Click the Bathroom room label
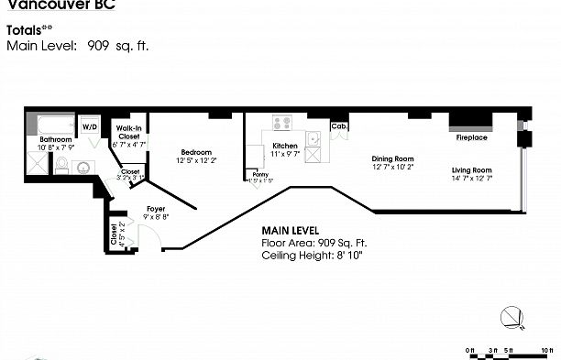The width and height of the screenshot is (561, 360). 54,140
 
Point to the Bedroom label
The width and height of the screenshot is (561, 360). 196,152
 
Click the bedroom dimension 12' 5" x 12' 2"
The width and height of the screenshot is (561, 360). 196,160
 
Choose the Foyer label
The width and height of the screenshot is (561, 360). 156,209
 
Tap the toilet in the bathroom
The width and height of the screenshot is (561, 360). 62,165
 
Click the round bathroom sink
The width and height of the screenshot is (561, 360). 82,168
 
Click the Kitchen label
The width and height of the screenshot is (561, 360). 285,147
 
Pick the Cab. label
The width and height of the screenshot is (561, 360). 338,126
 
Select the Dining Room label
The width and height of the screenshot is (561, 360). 393,158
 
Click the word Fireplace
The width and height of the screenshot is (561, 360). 472,137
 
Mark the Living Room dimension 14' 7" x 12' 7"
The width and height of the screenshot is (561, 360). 471,179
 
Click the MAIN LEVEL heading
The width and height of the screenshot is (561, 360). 292,230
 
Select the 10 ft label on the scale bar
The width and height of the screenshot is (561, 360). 548,350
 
